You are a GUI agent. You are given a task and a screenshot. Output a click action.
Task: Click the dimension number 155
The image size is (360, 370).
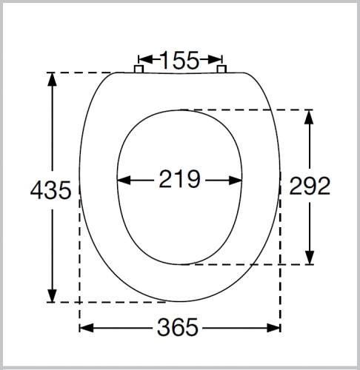click(x=180, y=60)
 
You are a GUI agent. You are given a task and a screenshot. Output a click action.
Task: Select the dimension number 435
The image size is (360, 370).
click(x=51, y=189)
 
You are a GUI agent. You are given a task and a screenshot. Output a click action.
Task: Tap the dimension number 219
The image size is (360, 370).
click(x=179, y=179)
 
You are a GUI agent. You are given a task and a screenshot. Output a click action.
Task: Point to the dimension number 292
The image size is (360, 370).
click(x=310, y=186)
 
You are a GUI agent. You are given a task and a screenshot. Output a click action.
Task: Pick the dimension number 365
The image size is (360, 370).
click(x=178, y=327)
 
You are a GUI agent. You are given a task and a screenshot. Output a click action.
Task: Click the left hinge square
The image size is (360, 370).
click(x=139, y=69)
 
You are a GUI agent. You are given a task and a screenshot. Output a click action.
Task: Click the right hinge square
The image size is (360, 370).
click(x=221, y=69)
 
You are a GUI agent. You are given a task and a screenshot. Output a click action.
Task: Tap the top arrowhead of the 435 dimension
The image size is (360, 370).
click(x=52, y=79)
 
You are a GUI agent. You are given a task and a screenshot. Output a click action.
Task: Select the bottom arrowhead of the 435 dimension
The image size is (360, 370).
click(x=52, y=295)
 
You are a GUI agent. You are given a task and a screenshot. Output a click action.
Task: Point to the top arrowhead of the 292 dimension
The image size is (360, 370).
click(x=310, y=117)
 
